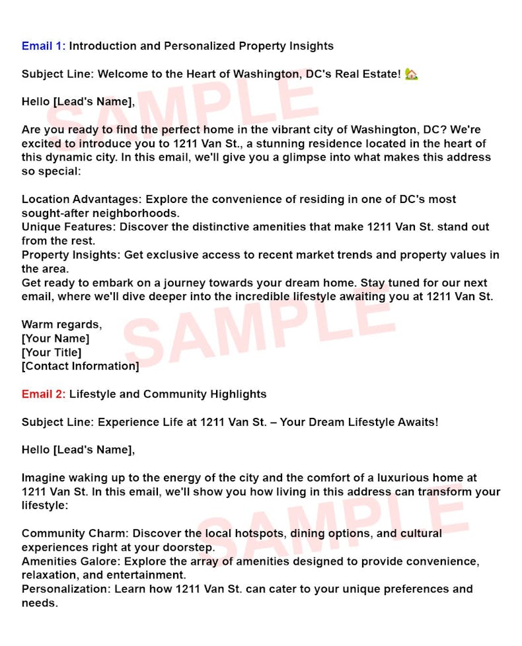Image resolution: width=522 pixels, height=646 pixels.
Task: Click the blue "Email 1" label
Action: click(42, 46)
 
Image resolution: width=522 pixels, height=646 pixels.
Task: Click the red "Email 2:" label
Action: click(44, 395)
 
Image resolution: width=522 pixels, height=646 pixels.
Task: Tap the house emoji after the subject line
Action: click(412, 74)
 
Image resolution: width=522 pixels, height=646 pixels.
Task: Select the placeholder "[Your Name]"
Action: click(56, 339)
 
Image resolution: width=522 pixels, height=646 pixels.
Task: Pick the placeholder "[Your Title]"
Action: click(52, 352)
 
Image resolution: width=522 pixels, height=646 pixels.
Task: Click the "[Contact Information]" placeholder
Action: click(80, 366)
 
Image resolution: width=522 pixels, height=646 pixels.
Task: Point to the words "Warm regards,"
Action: click(61, 325)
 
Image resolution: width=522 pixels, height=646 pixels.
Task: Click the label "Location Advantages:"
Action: click(82, 200)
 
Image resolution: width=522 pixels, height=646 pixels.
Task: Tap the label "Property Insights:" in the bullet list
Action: click(70, 255)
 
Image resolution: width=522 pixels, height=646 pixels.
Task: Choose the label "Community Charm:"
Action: click(75, 534)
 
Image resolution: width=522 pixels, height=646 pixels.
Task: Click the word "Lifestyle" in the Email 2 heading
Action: click(93, 395)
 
